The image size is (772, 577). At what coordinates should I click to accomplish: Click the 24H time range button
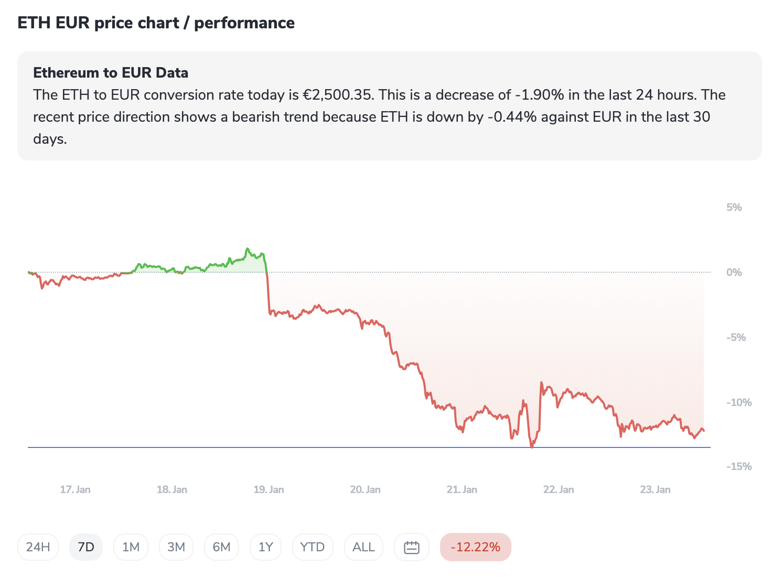click(x=38, y=547)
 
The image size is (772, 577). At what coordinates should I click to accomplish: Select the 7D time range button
click(x=86, y=547)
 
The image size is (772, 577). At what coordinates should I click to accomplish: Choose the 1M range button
click(x=131, y=547)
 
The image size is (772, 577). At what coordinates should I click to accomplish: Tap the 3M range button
click(x=176, y=547)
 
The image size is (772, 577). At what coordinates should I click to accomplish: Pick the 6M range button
click(x=221, y=547)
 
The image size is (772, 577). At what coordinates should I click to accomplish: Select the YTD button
click(x=312, y=547)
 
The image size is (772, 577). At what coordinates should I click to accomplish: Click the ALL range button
click(x=363, y=547)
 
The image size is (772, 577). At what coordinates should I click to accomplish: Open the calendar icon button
click(x=412, y=547)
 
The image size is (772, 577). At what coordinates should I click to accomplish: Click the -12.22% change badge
click(x=475, y=547)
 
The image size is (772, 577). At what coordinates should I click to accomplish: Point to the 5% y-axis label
click(x=734, y=207)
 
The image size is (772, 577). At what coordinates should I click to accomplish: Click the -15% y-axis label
click(x=738, y=466)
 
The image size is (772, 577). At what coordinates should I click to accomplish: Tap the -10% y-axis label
click(x=738, y=402)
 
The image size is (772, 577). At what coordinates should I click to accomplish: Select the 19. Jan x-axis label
click(x=269, y=489)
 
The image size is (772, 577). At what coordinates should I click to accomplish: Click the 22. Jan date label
click(x=559, y=489)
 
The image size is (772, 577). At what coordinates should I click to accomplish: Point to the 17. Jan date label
click(x=75, y=489)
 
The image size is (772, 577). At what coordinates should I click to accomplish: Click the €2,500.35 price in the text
click(x=338, y=95)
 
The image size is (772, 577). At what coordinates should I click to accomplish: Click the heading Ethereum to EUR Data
click(x=111, y=72)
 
